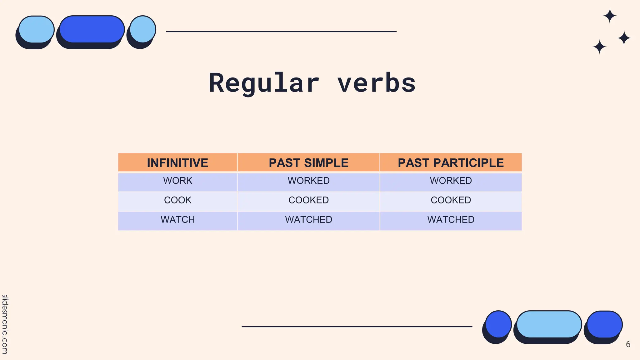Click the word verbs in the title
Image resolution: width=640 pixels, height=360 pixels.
tap(376, 83)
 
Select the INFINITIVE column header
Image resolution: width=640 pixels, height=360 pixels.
tap(177, 163)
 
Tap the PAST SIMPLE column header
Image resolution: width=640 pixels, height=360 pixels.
tap(308, 163)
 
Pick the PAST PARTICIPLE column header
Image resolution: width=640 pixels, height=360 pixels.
tap(451, 163)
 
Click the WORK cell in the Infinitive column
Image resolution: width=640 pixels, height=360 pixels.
tap(177, 181)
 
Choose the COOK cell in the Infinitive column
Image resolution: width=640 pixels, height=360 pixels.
tap(177, 200)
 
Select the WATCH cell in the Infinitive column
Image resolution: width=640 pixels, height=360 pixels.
tap(177, 219)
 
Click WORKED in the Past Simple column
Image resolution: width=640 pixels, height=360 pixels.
tap(308, 181)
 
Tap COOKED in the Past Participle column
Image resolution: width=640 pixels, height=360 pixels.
tap(451, 200)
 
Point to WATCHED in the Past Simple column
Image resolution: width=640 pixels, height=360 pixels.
tap(308, 219)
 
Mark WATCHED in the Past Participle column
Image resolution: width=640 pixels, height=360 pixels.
tap(451, 219)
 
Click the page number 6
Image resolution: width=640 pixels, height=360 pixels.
tap(628, 344)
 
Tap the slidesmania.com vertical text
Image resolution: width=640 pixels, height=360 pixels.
tap(5, 324)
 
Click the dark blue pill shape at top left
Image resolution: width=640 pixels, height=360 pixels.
tap(92, 29)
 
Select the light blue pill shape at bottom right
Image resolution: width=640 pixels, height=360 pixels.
tap(549, 324)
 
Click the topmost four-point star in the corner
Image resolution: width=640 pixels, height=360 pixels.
tap(609, 16)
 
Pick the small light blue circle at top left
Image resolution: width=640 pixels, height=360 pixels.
tap(143, 29)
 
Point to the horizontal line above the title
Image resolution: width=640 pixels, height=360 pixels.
tap(281, 32)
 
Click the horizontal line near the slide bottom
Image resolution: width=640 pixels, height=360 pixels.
tap(357, 327)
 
